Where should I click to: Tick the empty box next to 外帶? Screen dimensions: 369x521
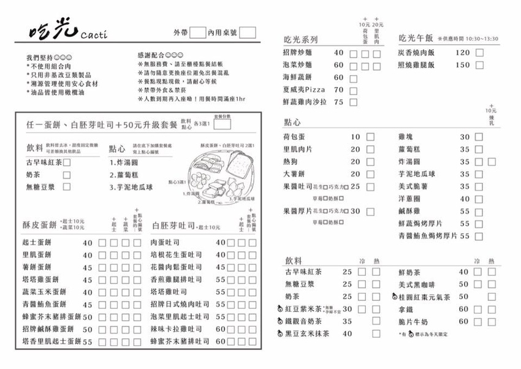(197, 32)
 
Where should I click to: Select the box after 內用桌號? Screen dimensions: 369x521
(247, 32)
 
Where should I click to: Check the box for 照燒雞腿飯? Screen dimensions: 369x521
(479, 65)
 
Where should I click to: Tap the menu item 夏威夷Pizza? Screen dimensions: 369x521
(303, 90)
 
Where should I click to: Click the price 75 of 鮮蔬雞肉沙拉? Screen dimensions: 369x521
(338, 102)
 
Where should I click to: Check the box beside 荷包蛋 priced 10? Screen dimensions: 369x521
(370, 137)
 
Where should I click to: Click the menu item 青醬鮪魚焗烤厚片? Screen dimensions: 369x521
(427, 236)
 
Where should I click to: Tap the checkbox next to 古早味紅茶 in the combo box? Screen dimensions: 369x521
(67, 162)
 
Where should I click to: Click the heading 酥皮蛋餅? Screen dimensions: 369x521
(40, 225)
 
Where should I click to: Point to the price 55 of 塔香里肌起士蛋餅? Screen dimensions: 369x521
(87, 342)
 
